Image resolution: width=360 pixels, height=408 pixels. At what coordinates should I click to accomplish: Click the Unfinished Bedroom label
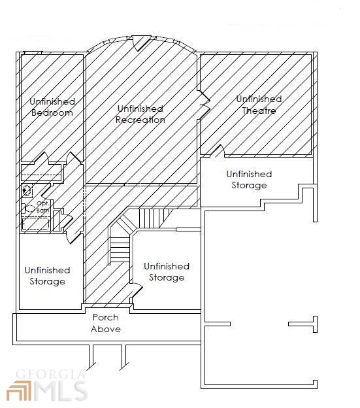pos(52,107)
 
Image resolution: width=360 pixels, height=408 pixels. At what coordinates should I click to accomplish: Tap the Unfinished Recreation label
pos(140,114)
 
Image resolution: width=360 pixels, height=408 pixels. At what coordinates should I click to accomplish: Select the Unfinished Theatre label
pos(259,105)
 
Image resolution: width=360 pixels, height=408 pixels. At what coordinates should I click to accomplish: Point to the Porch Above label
pos(106,323)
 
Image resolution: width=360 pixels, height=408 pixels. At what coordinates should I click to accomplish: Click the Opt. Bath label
pos(43,207)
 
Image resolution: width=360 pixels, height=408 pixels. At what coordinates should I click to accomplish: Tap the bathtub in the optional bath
pos(36,224)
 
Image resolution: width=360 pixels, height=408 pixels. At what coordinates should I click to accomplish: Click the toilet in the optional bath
pos(28,209)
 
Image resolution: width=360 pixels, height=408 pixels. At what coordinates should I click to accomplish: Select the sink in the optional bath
pos(27,190)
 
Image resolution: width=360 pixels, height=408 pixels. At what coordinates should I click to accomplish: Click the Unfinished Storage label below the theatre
pos(249,180)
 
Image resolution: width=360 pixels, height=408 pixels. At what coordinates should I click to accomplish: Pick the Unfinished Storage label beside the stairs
pos(167,272)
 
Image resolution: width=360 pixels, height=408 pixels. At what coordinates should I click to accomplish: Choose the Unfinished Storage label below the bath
pos(47,276)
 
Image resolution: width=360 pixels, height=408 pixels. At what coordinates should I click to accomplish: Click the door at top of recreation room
pos(140,42)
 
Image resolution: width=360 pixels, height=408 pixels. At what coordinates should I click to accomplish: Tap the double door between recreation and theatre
pos(205,105)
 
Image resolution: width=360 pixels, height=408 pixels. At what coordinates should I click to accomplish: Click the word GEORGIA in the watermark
pos(50,375)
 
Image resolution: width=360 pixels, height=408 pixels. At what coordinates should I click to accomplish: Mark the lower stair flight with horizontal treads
pos(120,249)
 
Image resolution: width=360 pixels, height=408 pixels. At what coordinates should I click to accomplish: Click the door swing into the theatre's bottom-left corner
pos(218,151)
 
